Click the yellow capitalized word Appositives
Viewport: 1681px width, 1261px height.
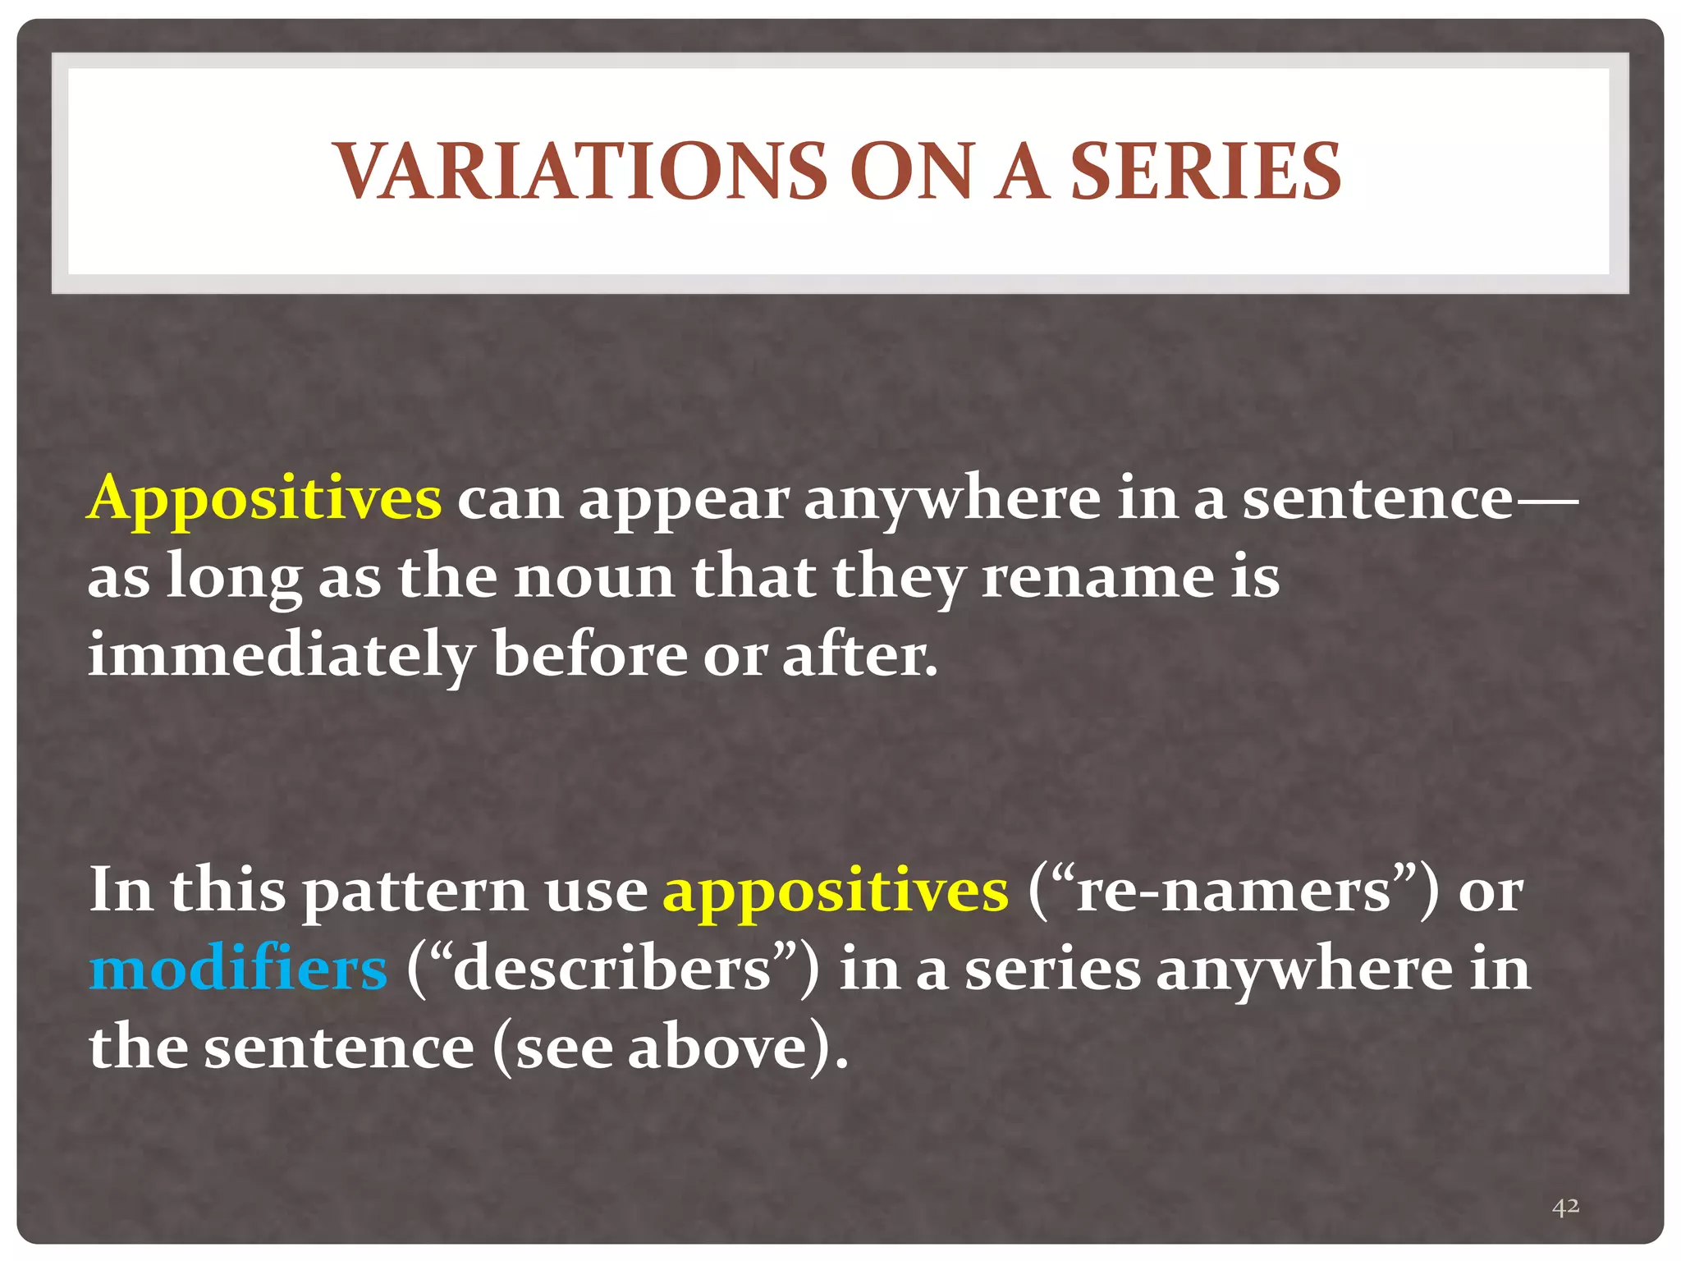(264, 499)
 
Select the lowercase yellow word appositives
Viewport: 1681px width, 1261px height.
(835, 892)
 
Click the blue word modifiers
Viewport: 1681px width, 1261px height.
(238, 970)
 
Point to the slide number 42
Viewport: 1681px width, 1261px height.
(1565, 1206)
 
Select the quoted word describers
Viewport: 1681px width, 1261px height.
(612, 970)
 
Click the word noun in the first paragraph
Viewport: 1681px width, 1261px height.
(593, 577)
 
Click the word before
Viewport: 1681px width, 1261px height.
(589, 657)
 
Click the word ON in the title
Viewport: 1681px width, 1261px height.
(910, 172)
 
